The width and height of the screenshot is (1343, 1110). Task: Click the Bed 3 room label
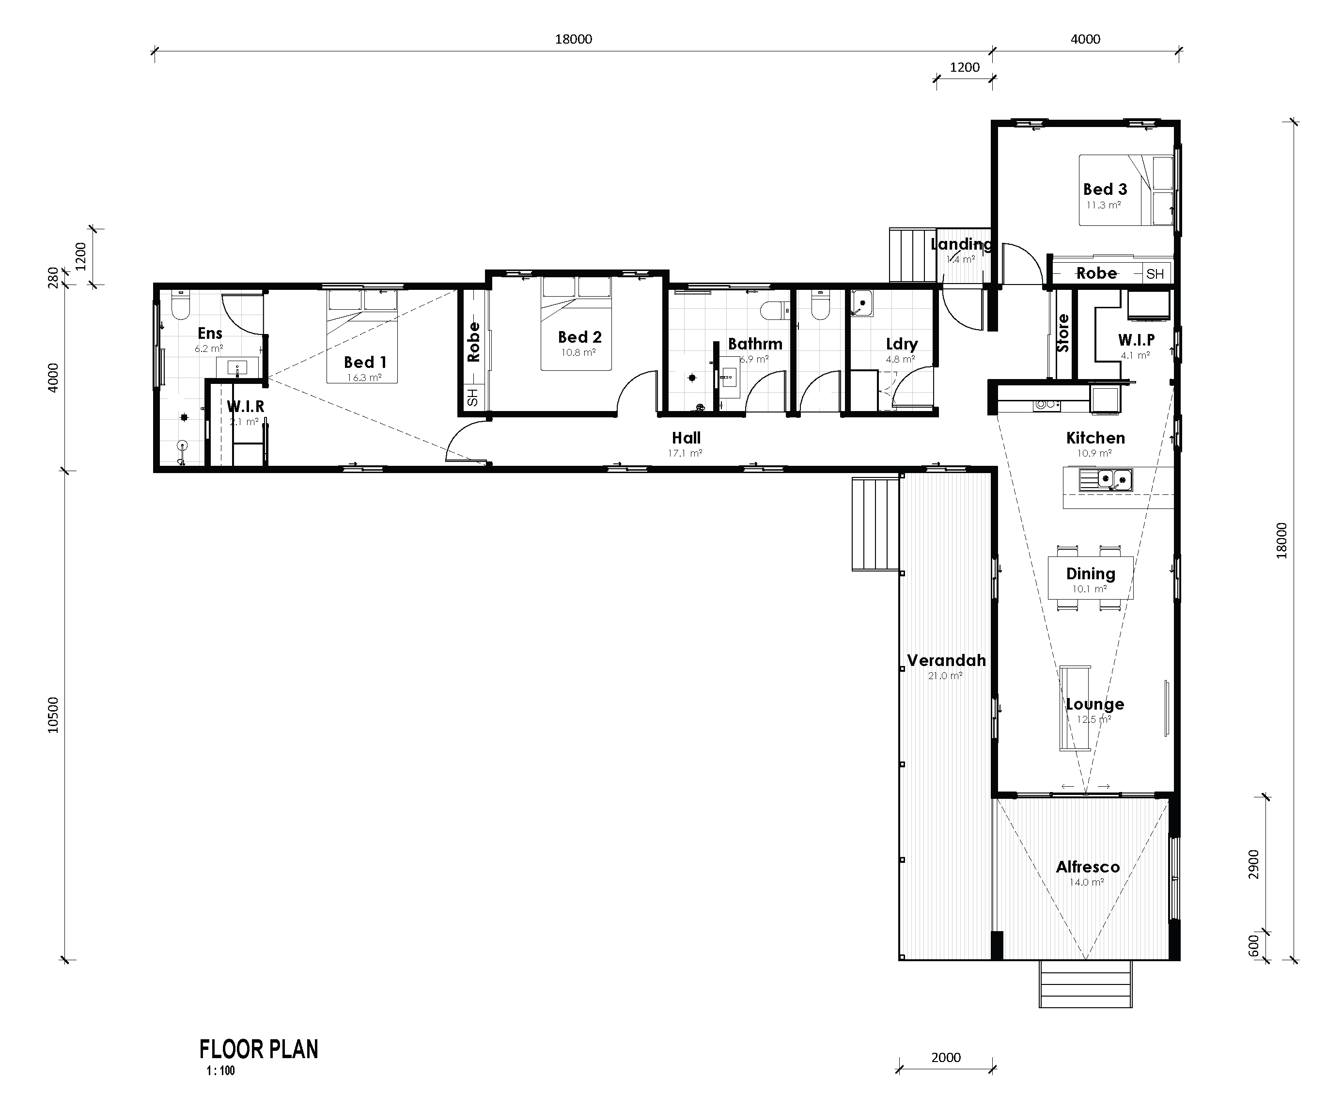1105,189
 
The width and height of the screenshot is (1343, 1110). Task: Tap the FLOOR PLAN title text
258,1049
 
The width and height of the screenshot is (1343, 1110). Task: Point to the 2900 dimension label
1253,864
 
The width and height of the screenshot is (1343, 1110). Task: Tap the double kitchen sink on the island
1106,479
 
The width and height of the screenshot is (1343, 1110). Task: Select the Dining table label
1091,573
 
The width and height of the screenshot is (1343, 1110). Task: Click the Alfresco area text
1087,867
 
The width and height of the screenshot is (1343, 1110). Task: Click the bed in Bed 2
577,323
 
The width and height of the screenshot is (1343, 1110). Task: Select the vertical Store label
1063,333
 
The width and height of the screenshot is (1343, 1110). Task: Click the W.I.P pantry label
1136,339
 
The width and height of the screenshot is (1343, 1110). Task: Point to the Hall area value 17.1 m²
685,453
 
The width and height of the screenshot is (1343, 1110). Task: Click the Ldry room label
901,344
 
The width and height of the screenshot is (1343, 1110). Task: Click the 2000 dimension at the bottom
945,1058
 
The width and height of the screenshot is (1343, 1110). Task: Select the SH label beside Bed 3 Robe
1155,274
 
